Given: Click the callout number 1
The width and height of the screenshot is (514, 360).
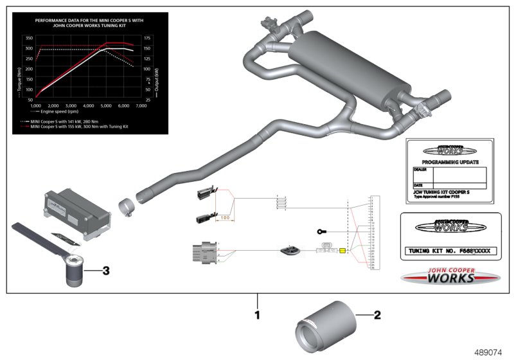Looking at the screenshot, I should click(258, 315).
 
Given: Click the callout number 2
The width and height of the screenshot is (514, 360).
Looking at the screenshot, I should click(378, 315).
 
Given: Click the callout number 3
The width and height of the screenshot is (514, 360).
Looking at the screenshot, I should click(106, 271).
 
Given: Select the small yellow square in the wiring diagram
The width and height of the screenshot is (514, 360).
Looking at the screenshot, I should click(342, 251).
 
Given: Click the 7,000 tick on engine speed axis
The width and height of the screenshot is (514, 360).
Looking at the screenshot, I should click(146, 105).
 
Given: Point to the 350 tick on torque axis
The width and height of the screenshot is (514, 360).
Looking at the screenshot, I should click(29, 37).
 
